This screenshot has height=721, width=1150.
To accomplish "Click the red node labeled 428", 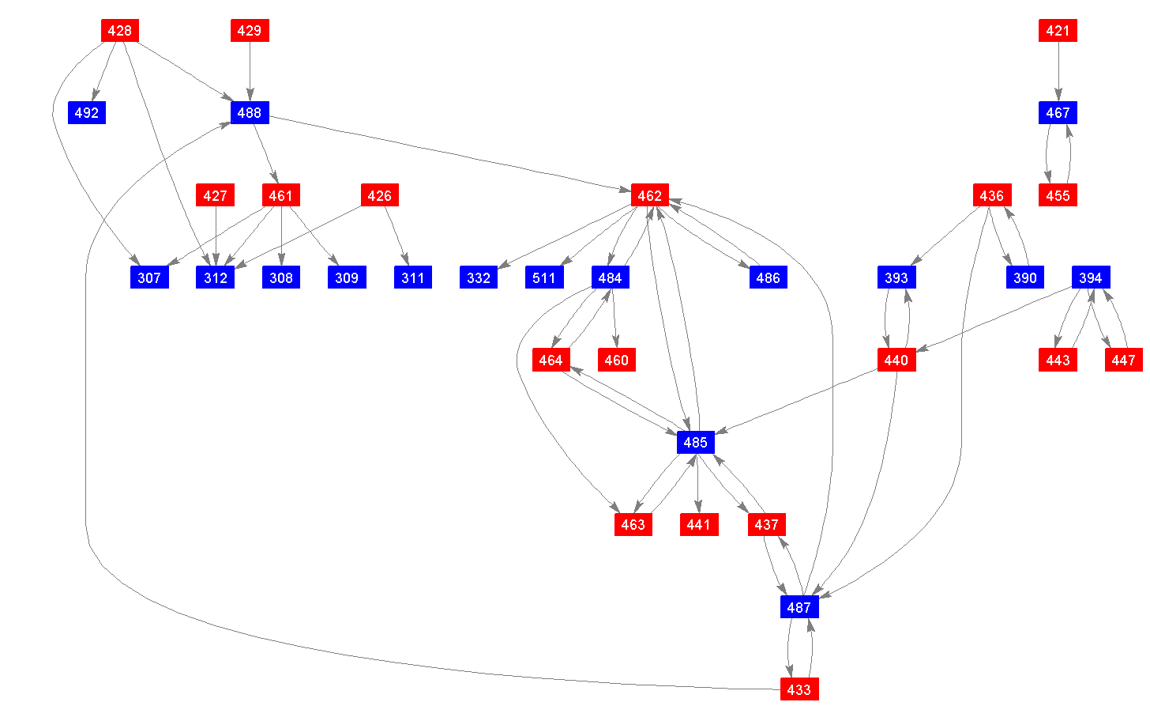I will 120,31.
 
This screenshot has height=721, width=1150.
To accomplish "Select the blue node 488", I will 250,113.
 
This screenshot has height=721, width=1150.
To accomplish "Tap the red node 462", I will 650,195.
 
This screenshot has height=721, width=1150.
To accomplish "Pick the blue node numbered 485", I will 695,442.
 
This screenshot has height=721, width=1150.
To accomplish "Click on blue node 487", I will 799,607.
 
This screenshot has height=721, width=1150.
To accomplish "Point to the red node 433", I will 799,689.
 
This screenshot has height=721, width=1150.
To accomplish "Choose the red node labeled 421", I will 1058,31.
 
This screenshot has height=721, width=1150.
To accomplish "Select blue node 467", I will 1058,113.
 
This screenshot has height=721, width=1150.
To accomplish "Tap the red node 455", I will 1058,195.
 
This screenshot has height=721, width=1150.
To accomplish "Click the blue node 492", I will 87,113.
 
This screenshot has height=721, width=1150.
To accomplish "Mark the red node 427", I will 215,195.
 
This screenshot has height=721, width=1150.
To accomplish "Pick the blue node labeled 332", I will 479,277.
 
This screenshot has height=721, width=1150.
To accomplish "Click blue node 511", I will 544,277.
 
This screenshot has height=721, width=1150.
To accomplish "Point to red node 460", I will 616,360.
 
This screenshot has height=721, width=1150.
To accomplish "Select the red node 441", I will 698,524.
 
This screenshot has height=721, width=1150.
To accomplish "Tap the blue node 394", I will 1090,277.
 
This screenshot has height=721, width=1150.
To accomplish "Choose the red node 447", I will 1123,360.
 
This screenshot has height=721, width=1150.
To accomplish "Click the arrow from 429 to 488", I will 250,71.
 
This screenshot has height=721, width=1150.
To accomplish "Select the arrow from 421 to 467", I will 1058,71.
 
